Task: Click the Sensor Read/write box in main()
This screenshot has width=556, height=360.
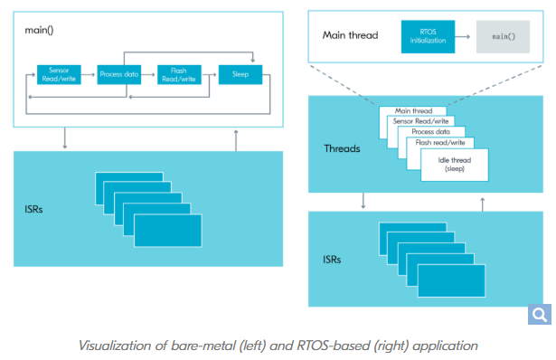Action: coord(59,74)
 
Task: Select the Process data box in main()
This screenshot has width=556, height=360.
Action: coord(119,74)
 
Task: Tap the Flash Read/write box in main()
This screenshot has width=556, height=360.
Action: coord(179,74)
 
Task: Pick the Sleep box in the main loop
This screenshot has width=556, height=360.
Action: coord(240,74)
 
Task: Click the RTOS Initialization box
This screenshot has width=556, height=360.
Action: coord(428,36)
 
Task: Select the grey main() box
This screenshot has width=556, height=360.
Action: coord(504,36)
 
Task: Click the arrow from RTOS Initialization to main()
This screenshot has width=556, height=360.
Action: coord(462,36)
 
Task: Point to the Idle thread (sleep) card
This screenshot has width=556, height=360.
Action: coord(455,165)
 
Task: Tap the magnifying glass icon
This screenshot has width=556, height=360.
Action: coord(540,314)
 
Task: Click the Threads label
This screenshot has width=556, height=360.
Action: coord(342,148)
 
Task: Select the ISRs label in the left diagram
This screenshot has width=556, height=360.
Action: coord(33,209)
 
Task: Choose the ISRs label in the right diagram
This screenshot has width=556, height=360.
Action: coord(332,260)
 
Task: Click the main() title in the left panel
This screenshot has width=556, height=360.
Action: coord(39,30)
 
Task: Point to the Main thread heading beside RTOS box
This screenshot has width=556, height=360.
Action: coord(351,35)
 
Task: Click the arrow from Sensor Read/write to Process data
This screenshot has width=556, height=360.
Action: coord(89,74)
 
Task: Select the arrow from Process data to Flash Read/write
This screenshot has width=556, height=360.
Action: coord(148,74)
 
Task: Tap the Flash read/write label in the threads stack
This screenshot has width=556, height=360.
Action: coord(440,143)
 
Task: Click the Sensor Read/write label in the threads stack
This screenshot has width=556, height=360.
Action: coord(420,121)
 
